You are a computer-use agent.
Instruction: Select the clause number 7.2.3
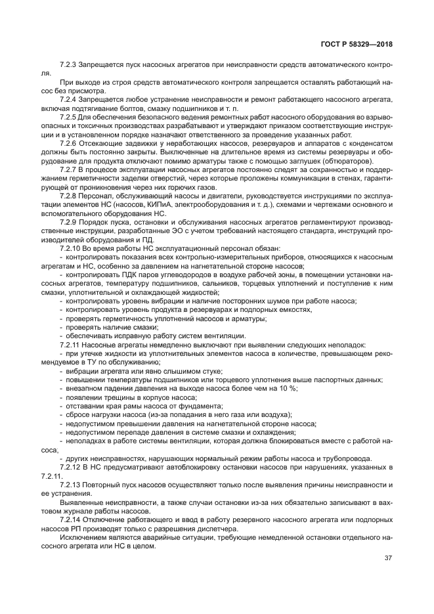click(68, 65)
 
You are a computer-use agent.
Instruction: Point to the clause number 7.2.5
click(68, 116)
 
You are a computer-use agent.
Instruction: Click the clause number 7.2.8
click(68, 195)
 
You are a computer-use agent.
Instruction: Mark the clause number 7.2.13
click(70, 485)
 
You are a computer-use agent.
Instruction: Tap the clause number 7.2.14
click(70, 518)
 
